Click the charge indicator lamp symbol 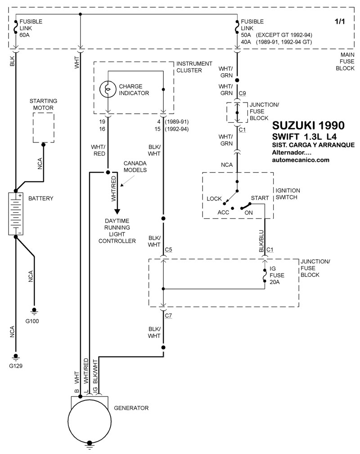coord(108,89)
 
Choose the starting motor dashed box coord(44,127)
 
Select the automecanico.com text coord(301,160)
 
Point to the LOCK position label coord(215,198)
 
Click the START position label coord(260,198)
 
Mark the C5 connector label coord(169,249)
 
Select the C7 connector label coord(169,316)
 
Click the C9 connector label coord(242,93)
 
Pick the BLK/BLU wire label coord(261,240)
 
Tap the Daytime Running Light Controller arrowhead coord(117,212)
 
